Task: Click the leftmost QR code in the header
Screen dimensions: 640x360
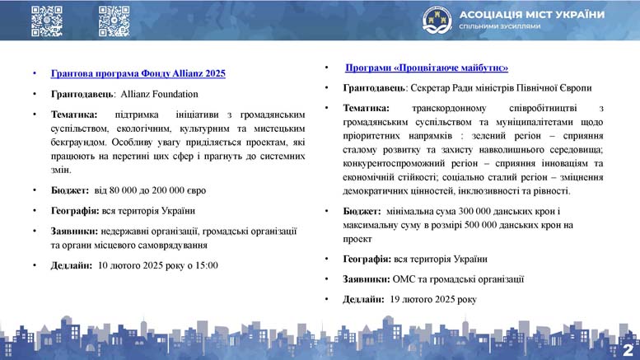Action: (x=47, y=21)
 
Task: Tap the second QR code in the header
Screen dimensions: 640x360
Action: (x=114, y=21)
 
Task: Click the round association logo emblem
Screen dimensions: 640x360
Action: (x=437, y=20)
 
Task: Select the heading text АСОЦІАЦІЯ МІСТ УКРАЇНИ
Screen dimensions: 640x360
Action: (x=532, y=15)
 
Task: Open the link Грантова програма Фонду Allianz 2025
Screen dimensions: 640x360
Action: (x=138, y=73)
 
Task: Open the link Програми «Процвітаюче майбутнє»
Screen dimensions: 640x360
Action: (x=427, y=68)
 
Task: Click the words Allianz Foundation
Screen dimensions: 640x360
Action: (x=159, y=94)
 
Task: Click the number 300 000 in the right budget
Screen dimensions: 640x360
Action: (x=474, y=212)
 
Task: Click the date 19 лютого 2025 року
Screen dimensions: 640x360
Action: (x=433, y=300)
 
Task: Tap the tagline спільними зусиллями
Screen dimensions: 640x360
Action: (x=500, y=26)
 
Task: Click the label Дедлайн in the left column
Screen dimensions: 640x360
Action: (x=72, y=266)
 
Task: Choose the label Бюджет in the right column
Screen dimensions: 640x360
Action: (x=362, y=212)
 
